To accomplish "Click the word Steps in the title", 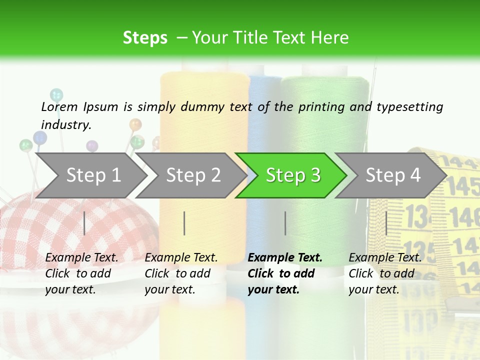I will click(145, 38).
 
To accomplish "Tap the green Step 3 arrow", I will click(292, 175).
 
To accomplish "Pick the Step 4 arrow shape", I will click(392, 175).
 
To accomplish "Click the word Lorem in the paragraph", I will click(59, 106).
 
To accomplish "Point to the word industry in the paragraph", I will click(65, 124).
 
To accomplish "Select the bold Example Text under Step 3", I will click(285, 257).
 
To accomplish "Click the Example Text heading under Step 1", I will click(81, 257).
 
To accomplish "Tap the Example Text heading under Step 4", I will click(385, 257).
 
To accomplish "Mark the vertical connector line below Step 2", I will click(184, 223).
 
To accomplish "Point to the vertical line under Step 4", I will click(386, 223).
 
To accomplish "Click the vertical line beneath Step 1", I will click(84, 223).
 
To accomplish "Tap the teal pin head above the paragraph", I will click(56, 94).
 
